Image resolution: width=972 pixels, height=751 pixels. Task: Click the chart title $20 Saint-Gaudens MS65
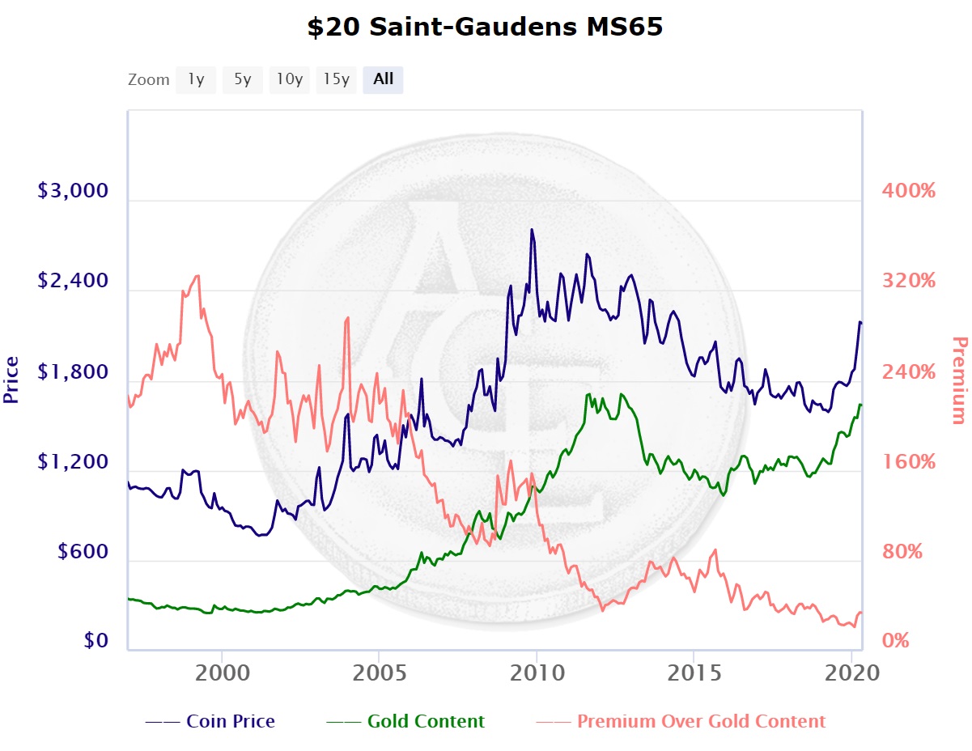pos(485,28)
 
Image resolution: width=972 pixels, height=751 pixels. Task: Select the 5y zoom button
pos(243,79)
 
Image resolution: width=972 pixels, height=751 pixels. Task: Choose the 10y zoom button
pos(289,79)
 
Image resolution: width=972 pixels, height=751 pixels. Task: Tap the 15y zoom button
pos(336,79)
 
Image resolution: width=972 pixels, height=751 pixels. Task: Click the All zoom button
pos(383,79)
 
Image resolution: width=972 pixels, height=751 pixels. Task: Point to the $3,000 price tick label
pos(73,192)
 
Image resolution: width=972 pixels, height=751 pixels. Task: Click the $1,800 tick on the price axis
pos(73,373)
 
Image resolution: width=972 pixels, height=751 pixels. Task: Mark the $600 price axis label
pos(84,552)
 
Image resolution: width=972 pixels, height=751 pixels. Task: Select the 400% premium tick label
pos(908,192)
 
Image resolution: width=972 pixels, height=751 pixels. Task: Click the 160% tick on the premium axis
pos(908,462)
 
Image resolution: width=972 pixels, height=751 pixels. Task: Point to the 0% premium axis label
pos(896,642)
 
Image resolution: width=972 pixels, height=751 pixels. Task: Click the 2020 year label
pos(851,673)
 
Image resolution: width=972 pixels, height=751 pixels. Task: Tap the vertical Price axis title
pos(11,380)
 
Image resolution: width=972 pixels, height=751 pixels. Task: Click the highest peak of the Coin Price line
pos(532,230)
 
